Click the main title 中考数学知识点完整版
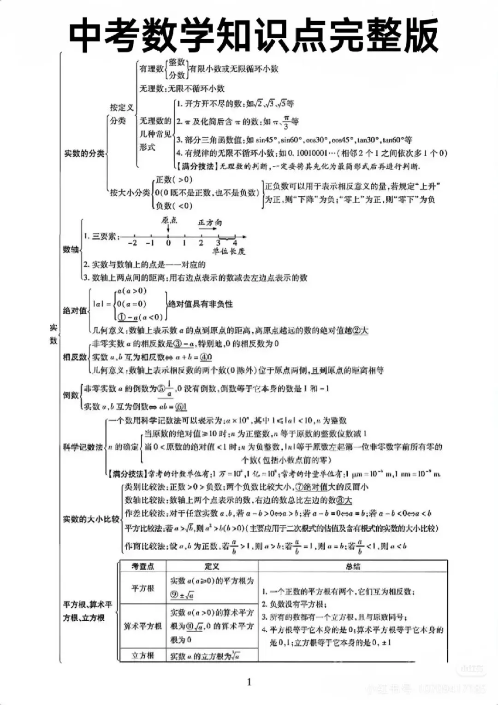[253, 35]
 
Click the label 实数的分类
[84, 153]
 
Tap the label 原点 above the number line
[169, 220]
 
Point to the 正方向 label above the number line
[210, 223]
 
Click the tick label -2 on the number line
[132, 243]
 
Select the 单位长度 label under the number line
[229, 251]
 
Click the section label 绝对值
[75, 310]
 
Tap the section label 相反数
[75, 357]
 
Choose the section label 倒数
[71, 395]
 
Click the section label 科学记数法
[83, 447]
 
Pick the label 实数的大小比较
[91, 519]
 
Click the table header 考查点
[142, 566]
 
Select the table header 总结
[353, 566]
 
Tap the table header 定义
[212, 566]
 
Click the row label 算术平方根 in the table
[142, 626]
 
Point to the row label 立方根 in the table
[142, 655]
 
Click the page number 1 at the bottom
[249, 682]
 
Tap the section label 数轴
[71, 249]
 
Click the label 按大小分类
[130, 193]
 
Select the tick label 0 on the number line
[168, 243]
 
